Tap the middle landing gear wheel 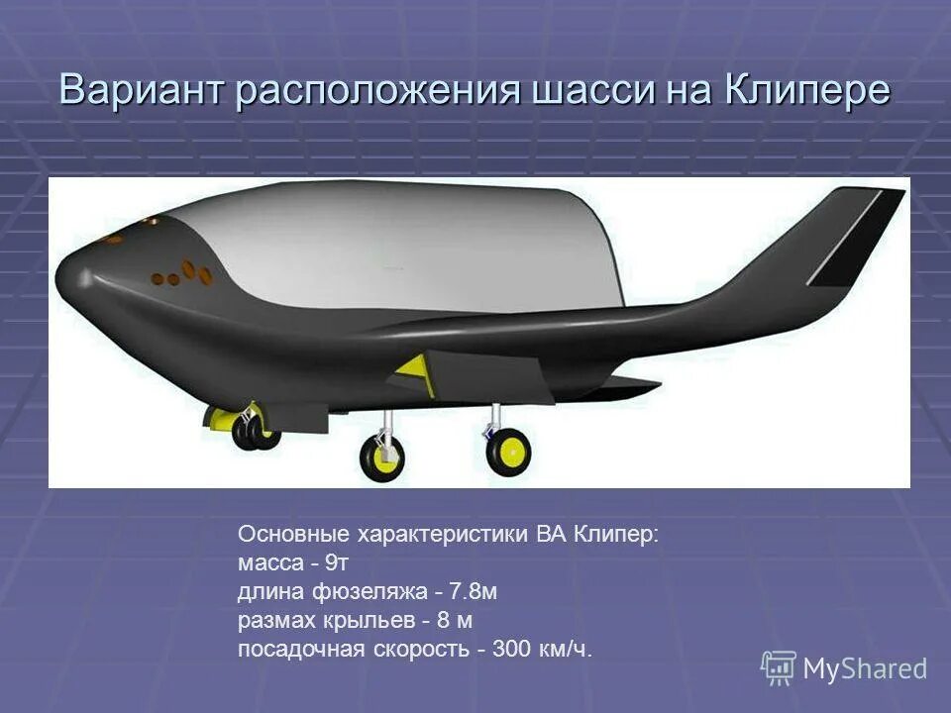click(381, 458)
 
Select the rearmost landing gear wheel click(509, 452)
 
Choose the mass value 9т click(337, 563)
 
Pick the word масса click(266, 563)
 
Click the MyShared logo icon click(778, 666)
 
